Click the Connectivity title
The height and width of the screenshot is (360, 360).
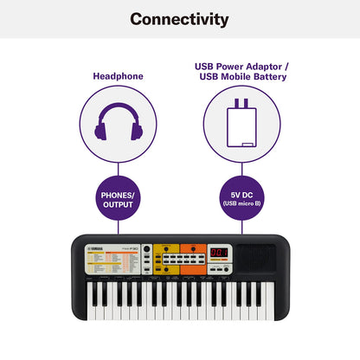point(180,18)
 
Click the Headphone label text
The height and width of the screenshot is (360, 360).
point(119,76)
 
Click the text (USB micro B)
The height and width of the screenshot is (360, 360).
point(240,205)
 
